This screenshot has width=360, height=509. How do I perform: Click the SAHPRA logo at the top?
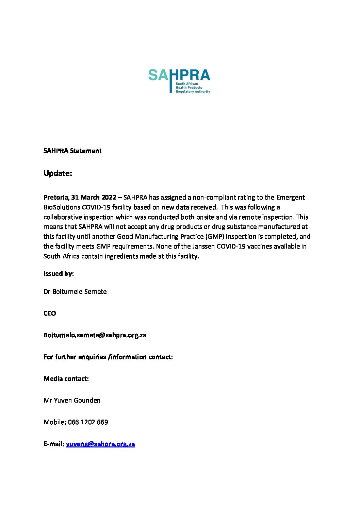click(x=179, y=81)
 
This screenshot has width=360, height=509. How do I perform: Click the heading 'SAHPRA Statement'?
click(x=72, y=151)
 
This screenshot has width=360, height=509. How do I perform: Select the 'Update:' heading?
click(x=58, y=173)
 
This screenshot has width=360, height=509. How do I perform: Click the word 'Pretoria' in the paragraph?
click(x=55, y=198)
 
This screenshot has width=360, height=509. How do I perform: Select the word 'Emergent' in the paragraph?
click(x=290, y=198)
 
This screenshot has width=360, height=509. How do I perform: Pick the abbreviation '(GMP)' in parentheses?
click(x=214, y=237)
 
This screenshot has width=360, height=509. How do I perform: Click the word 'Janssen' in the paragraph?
click(x=203, y=247)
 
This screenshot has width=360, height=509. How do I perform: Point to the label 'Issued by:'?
click(x=59, y=274)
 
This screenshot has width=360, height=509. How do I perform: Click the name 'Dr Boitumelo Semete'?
click(x=75, y=292)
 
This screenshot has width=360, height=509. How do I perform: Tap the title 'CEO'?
click(x=50, y=313)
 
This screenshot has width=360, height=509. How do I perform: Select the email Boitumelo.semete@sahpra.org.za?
click(x=95, y=335)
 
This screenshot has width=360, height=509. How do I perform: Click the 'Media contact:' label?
click(x=66, y=379)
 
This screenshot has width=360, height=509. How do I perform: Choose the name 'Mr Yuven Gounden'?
click(x=72, y=401)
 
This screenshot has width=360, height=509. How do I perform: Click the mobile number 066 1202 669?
click(x=88, y=422)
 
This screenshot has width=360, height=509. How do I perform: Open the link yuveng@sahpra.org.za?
click(x=100, y=444)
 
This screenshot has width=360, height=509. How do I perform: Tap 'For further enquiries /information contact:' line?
click(x=108, y=357)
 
